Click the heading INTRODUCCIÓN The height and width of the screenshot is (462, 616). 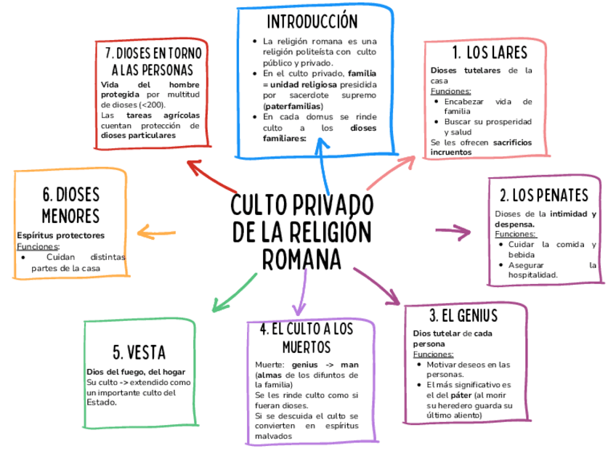coord(312,21)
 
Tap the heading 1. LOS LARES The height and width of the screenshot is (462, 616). coord(489,53)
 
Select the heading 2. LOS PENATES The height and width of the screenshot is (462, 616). coord(544,195)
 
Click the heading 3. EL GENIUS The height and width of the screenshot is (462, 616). coord(463,316)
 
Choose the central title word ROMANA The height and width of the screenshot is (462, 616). coord(301,259)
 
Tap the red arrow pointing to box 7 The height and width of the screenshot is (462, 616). coord(210,174)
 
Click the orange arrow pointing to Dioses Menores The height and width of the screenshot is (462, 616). coord(156,232)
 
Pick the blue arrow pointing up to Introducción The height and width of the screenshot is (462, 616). coord(323,163)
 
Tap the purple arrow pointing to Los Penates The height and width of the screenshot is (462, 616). coord(453,232)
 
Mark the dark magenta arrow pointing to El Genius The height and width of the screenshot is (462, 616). coord(378,285)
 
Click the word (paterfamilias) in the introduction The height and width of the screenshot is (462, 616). coord(293,106)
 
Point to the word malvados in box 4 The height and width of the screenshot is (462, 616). coord(273,436)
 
